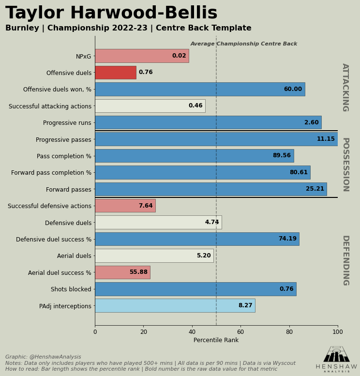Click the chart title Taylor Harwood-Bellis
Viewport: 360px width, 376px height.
click(111, 13)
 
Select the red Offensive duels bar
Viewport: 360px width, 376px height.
click(115, 73)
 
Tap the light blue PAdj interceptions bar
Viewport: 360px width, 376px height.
click(175, 305)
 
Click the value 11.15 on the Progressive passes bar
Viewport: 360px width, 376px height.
click(326, 139)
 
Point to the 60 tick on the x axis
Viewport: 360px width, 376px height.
click(240, 332)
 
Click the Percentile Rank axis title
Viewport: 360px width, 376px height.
click(216, 340)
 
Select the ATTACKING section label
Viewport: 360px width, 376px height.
click(345, 87)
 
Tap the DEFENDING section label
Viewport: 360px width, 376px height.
click(345, 260)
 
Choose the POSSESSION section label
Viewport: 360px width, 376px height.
click(345, 164)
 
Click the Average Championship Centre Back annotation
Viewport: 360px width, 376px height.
click(244, 44)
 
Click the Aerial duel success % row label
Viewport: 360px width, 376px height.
click(60, 273)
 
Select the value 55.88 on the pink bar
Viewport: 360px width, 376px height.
click(138, 272)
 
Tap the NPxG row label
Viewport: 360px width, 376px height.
click(83, 57)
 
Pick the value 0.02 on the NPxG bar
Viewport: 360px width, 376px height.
click(179, 56)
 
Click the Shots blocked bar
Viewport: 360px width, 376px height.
click(195, 289)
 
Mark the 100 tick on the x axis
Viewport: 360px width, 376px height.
click(338, 332)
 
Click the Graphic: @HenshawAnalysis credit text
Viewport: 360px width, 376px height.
click(43, 357)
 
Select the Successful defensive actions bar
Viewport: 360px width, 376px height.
click(125, 206)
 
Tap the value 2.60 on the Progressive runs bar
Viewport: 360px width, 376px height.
click(311, 123)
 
